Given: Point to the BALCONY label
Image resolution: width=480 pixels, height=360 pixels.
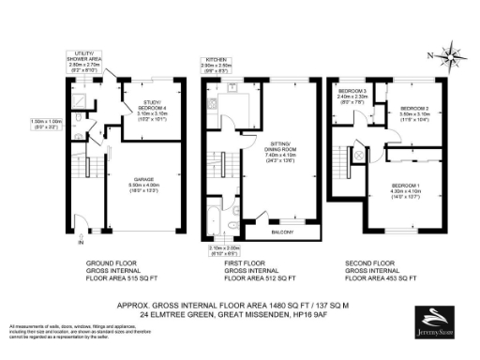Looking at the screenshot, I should [x=282, y=228].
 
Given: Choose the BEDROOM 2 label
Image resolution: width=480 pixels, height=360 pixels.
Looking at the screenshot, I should [x=416, y=110].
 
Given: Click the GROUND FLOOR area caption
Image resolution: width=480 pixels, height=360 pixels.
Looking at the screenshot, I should [x=118, y=271].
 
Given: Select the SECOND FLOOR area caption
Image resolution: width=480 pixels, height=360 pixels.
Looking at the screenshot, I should [x=374, y=271].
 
